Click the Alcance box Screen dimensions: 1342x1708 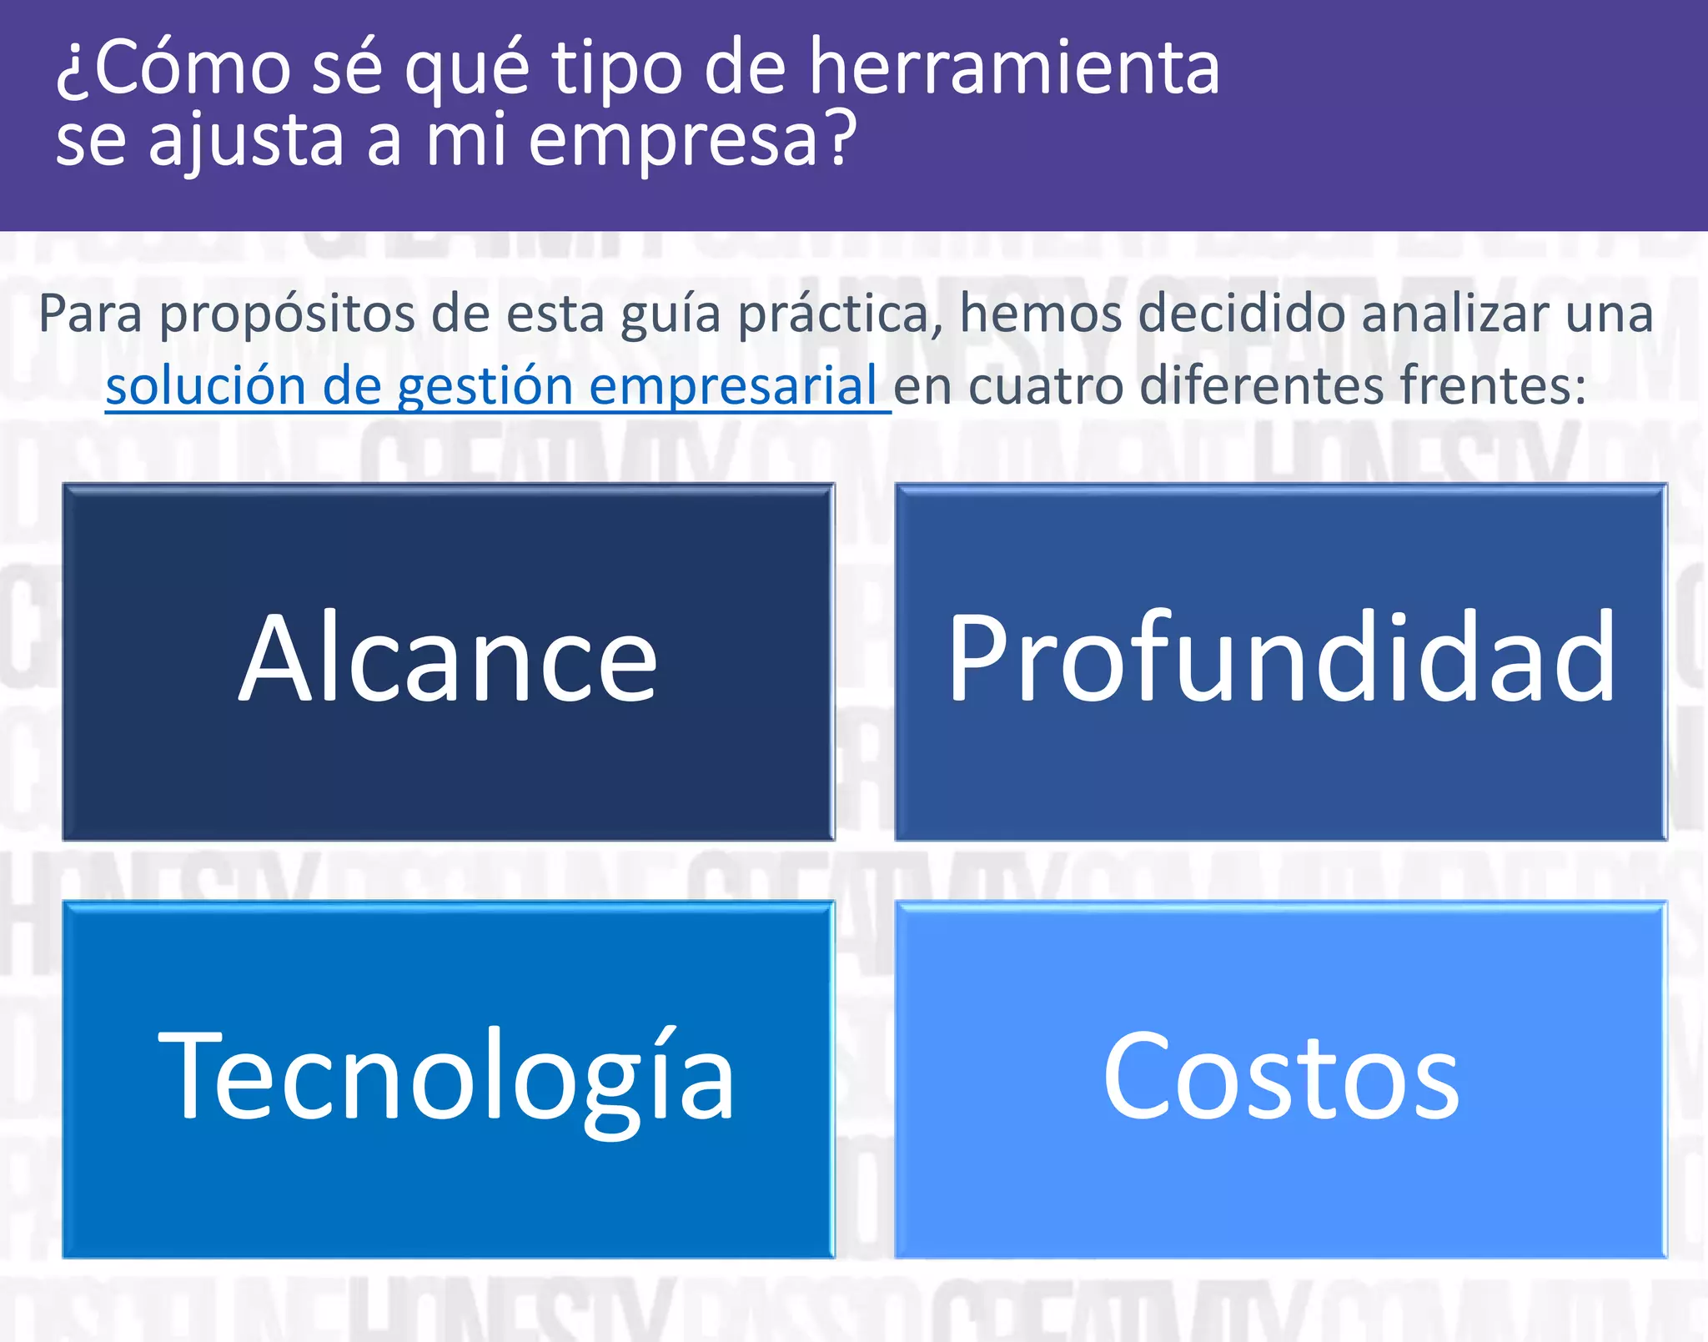(449, 661)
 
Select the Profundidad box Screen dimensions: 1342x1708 (1281, 661)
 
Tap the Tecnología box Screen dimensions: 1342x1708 (449, 1078)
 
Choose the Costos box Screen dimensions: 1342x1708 (1281, 1078)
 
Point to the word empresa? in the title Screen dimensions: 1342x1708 (692, 140)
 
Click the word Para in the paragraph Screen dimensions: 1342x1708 (90, 314)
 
